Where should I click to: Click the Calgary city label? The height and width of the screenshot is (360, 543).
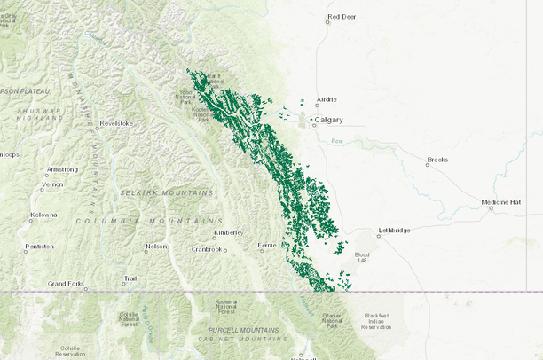coord(329,119)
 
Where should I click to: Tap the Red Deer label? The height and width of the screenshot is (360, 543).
coord(342,17)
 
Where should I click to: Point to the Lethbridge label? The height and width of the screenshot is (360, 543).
coord(394,231)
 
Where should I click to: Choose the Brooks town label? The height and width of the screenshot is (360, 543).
coord(437,160)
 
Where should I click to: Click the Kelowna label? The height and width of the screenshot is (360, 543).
coord(43,215)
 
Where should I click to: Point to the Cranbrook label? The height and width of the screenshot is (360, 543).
coord(206,249)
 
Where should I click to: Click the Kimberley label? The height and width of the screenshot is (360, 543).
coord(228,234)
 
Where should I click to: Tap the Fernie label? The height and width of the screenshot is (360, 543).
coord(268,245)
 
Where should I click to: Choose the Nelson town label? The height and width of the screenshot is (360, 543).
coord(156,247)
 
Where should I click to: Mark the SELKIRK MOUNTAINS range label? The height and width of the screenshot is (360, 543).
coord(167,192)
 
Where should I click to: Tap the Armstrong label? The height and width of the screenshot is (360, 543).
coord(62,168)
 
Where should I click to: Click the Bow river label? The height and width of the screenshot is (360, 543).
coord(336,141)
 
